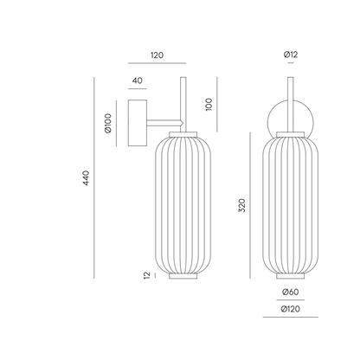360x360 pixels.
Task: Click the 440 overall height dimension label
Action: coord(87,178)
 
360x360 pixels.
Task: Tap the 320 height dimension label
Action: coord(242,205)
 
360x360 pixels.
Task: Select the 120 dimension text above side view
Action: coord(157,55)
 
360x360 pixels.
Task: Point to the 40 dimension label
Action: coord(138,80)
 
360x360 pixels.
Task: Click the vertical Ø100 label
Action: coord(108,123)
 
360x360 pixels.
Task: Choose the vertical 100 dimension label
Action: coord(209,105)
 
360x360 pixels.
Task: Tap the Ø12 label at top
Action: coord(291,55)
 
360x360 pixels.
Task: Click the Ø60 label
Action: coord(291,292)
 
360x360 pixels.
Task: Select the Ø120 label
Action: coord(291,309)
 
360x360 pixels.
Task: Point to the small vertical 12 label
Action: coord(147,275)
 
